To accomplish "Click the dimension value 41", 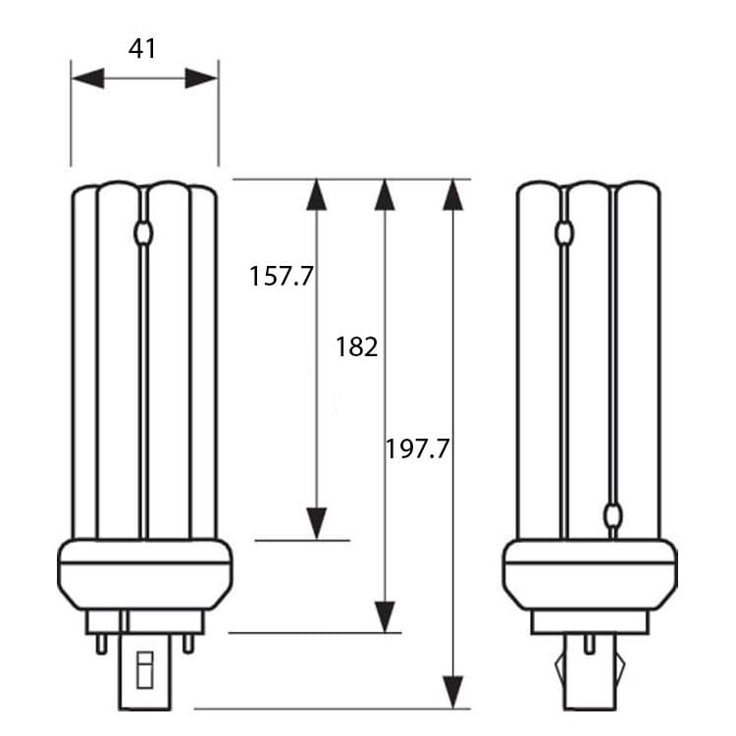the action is pyautogui.click(x=142, y=48).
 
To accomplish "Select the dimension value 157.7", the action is pyautogui.click(x=282, y=276).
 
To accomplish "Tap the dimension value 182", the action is pyautogui.click(x=357, y=346).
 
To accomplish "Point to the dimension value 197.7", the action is pyautogui.click(x=417, y=448).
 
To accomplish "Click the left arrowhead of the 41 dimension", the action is pyautogui.click(x=87, y=78).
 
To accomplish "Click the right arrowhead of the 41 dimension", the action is pyautogui.click(x=202, y=78).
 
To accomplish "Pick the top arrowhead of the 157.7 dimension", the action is pyautogui.click(x=316, y=194).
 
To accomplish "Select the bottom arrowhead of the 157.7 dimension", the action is pyautogui.click(x=316, y=524).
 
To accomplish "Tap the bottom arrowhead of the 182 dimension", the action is pyautogui.click(x=385, y=617).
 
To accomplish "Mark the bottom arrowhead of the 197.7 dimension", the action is pyautogui.click(x=453, y=693).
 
